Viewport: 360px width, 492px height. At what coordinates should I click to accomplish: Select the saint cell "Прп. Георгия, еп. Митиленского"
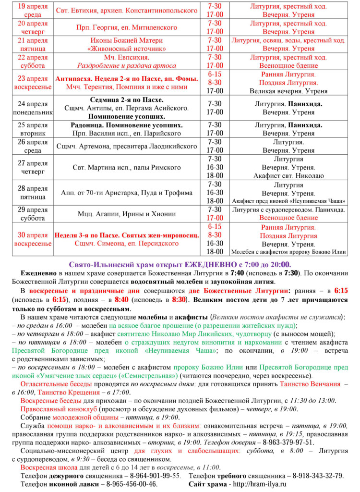(x=126, y=27)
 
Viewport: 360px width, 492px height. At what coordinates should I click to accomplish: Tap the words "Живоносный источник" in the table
(x=127, y=49)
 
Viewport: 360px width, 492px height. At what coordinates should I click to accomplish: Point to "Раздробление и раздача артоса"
(x=127, y=65)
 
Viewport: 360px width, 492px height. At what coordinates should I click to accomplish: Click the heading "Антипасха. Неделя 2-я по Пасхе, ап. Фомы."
(x=127, y=78)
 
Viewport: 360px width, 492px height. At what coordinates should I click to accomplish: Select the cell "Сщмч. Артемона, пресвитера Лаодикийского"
(x=127, y=146)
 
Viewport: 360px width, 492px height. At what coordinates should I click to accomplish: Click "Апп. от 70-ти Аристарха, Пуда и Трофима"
(x=127, y=193)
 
